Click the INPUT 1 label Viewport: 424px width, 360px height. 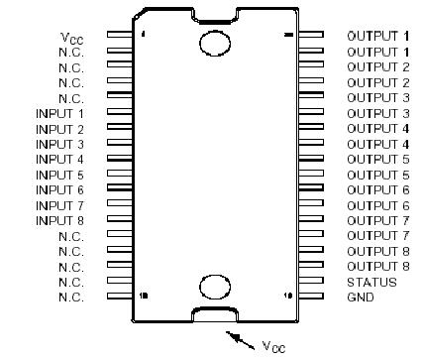(59, 113)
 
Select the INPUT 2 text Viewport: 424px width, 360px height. (59, 129)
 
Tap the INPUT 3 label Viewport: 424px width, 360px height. (59, 144)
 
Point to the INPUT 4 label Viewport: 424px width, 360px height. (59, 159)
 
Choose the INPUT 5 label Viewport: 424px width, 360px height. (59, 175)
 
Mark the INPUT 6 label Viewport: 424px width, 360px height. (59, 189)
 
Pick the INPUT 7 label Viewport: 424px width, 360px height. (59, 205)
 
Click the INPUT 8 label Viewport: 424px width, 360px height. (59, 220)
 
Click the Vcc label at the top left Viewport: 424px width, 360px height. (71, 38)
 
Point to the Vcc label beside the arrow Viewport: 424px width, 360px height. (274, 346)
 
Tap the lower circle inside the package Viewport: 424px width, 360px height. (214, 288)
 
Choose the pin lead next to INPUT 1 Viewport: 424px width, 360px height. (118, 113)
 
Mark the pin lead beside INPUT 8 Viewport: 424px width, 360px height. (118, 220)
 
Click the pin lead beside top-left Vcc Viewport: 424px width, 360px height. (118, 37)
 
